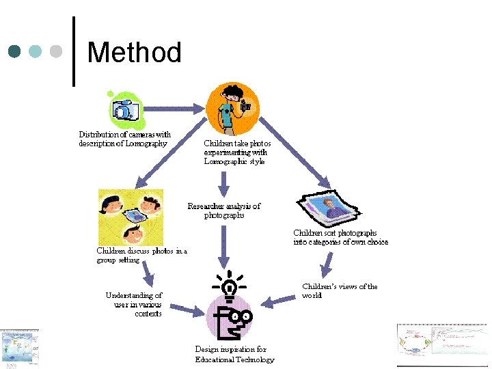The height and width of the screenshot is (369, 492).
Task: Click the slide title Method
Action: tap(135, 53)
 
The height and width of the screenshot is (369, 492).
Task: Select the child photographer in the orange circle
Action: tap(232, 109)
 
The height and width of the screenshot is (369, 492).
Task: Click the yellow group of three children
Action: tap(131, 217)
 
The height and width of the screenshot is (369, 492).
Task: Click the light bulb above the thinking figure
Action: tap(230, 286)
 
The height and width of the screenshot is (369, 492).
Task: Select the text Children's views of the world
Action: tap(340, 291)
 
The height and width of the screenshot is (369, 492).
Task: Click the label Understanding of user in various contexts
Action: tap(134, 304)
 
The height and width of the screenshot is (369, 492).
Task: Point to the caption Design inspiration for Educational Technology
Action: tap(234, 354)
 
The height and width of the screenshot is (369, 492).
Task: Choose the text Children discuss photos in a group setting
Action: tap(141, 255)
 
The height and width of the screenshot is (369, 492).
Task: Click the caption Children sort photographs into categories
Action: tap(340, 237)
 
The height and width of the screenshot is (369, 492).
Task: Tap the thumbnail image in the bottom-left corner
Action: tap(19, 348)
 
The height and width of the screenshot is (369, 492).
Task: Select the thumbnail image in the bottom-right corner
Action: tap(443, 344)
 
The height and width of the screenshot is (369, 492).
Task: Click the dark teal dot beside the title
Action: tap(15, 51)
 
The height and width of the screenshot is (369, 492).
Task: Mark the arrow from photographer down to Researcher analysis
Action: tap(223, 183)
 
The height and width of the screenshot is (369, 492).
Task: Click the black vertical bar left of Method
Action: tap(74, 52)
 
